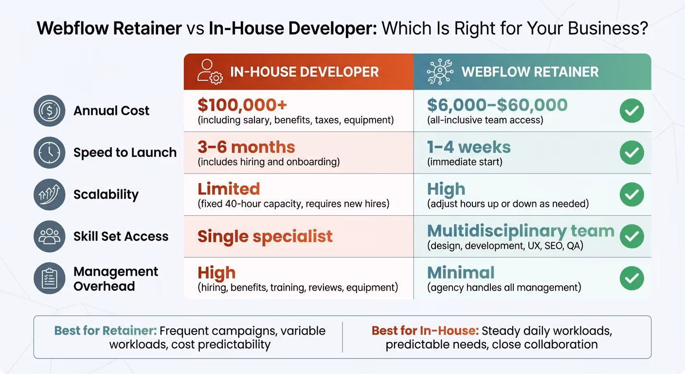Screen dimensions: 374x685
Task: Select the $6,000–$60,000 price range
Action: coord(497,105)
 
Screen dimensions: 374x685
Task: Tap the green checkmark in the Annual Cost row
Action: coord(631,111)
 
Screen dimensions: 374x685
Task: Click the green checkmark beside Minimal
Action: coord(631,279)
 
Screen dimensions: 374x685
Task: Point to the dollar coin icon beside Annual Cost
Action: coord(49,111)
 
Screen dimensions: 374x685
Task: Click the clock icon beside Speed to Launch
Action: coord(49,153)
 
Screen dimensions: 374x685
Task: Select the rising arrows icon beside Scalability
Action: coord(49,195)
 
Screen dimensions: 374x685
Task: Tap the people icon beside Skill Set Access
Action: coord(49,237)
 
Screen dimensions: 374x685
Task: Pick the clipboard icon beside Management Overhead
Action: coord(49,279)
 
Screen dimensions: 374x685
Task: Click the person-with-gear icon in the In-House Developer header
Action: coord(210,72)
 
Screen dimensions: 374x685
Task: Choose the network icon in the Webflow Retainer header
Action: coord(439,72)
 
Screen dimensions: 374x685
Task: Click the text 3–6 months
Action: coord(246,147)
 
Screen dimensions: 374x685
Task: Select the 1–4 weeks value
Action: coord(469,147)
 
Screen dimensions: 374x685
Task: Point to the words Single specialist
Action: coord(265,237)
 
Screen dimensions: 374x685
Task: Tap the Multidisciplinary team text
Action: coord(521,231)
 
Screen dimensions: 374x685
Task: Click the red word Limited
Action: coord(229,189)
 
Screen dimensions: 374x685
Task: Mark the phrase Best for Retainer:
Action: coord(106,331)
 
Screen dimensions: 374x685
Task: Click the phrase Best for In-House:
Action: coord(425,331)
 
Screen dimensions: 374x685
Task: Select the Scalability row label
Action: coord(106,195)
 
